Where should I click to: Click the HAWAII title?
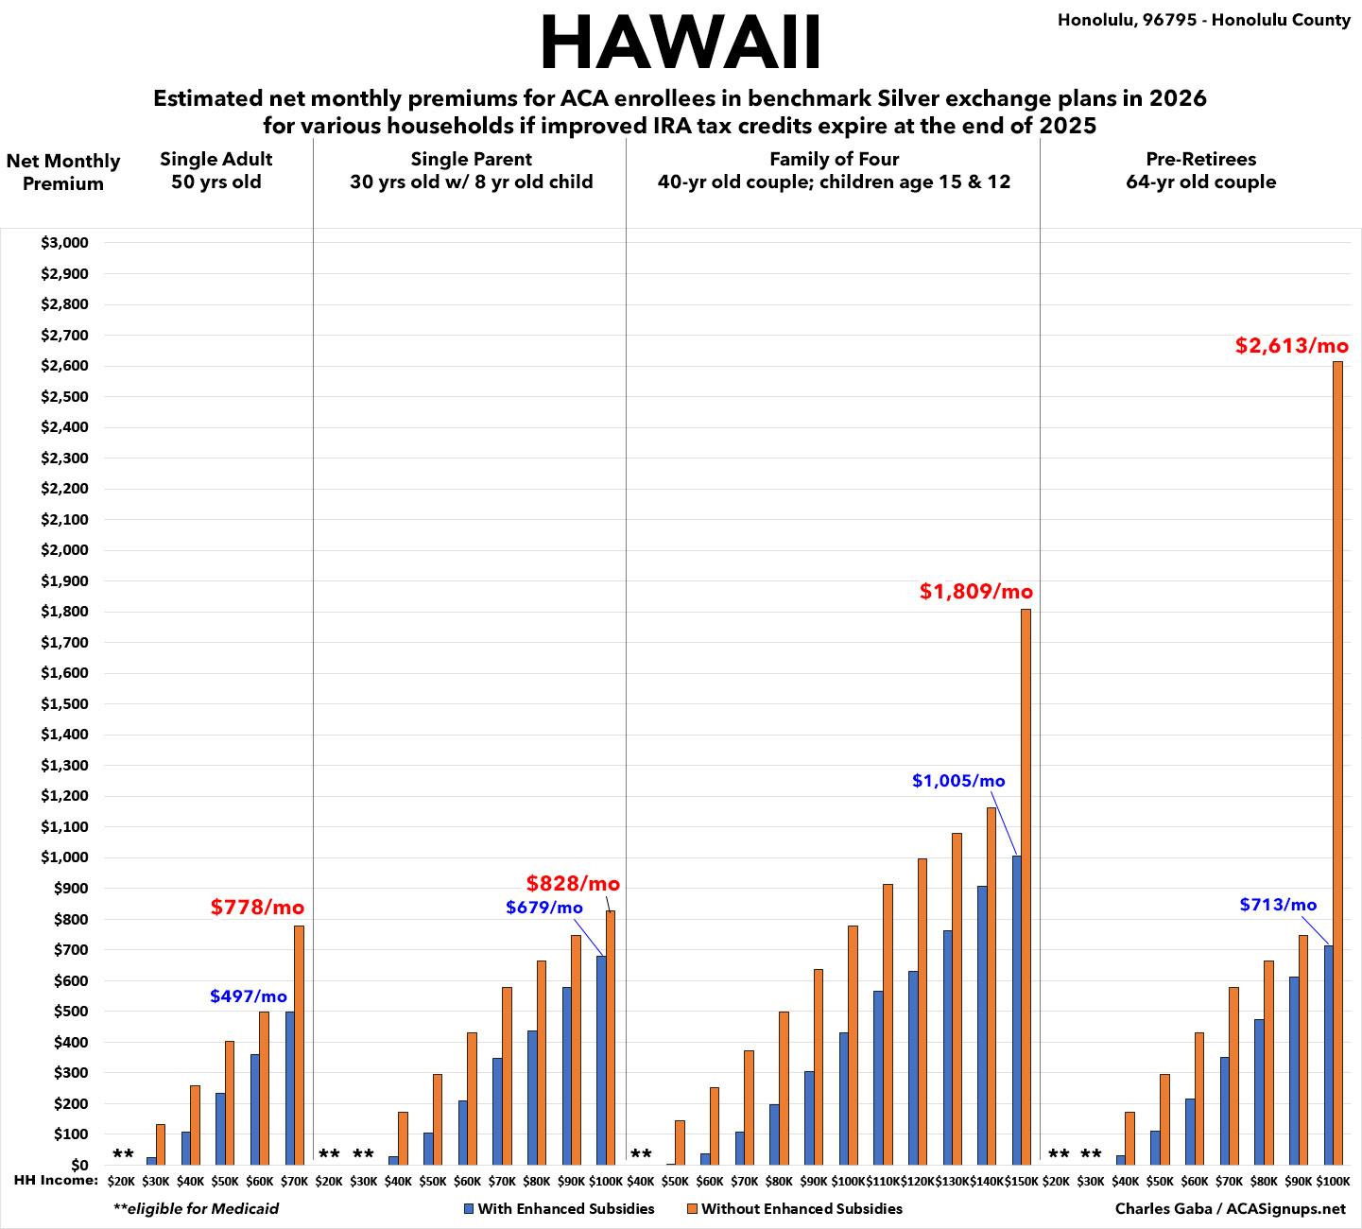tap(681, 43)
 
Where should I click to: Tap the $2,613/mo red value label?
tap(1291, 346)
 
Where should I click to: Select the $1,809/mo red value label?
tap(976, 592)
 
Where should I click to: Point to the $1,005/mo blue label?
tap(958, 781)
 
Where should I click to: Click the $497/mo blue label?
tap(248, 996)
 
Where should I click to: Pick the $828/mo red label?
tap(573, 884)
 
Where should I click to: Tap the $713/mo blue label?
tap(1278, 905)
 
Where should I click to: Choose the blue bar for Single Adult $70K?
tap(289, 1087)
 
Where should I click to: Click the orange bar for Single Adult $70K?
tap(299, 1045)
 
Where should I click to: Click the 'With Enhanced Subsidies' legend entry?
tap(559, 1208)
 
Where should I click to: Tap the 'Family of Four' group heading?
tap(834, 159)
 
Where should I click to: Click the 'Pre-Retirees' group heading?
tap(1200, 159)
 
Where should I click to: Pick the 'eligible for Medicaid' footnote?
tap(196, 1208)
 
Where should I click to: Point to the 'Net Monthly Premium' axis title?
tap(63, 172)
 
